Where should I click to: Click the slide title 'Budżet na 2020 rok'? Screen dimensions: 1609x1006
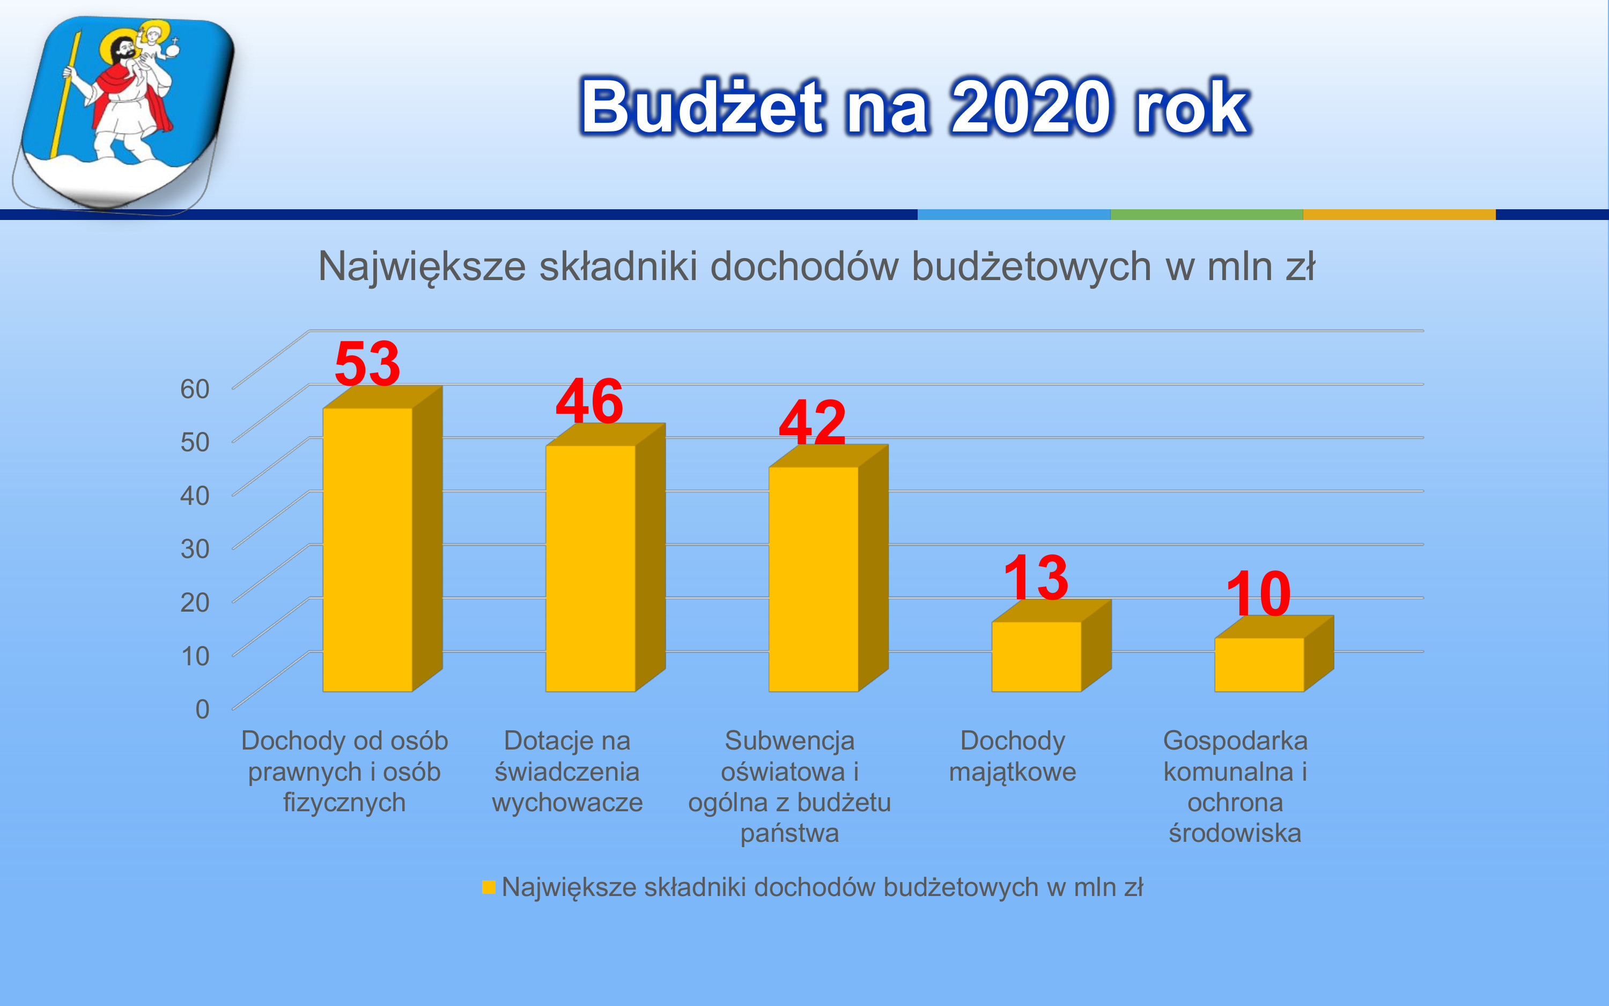916,106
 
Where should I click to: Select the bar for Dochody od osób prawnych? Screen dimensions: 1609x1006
382,539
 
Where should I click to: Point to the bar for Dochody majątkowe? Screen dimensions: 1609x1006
1051,646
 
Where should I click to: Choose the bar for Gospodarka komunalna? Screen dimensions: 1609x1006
1274,654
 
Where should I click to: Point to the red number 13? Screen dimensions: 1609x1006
1036,577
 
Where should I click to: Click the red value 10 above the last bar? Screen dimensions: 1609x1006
1259,593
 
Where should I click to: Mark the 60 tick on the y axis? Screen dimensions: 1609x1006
195,388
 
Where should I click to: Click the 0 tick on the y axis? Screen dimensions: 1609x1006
202,709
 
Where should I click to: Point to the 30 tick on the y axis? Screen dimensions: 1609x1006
195,549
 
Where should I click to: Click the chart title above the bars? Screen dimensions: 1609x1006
816,267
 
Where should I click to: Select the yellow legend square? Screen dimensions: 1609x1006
489,887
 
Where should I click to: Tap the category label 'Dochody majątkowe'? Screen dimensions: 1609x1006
1013,756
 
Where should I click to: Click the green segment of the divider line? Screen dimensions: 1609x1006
1206,214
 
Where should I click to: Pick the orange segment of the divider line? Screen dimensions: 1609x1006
1399,214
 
